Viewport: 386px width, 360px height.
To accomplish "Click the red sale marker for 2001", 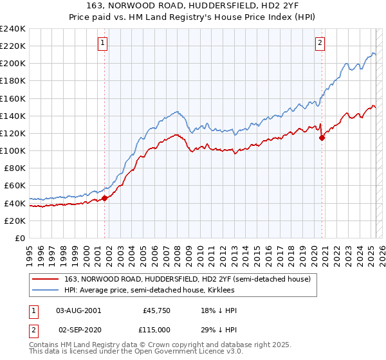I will pyautogui.click(x=104, y=198).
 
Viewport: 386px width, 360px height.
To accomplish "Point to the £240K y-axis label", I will pyautogui.click(x=13, y=29).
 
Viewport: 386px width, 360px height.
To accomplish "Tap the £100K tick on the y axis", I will pyautogui.click(x=13, y=150).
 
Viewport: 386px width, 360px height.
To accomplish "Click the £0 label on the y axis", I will pyautogui.click(x=20, y=238).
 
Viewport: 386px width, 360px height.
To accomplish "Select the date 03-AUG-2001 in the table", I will pyautogui.click(x=78, y=310).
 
